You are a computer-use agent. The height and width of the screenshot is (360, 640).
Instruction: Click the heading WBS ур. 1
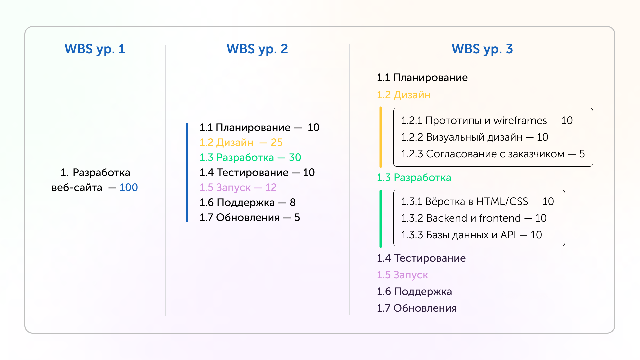click(95, 49)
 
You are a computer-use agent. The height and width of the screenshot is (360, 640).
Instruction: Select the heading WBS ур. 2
click(257, 49)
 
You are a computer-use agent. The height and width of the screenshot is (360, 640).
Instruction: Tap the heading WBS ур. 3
click(482, 49)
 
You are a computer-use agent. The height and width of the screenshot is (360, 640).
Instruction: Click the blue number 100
click(129, 187)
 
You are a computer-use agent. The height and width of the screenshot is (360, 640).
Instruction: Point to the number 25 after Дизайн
click(276, 142)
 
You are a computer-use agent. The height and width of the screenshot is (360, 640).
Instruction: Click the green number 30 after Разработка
click(295, 157)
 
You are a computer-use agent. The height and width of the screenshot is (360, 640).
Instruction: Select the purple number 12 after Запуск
click(271, 187)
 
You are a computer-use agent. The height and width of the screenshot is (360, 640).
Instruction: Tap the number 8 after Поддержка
click(293, 202)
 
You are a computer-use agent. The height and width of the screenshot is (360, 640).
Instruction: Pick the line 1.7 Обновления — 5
click(250, 217)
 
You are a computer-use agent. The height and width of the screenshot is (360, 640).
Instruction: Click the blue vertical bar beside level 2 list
click(187, 172)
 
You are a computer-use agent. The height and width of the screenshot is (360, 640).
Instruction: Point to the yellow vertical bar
click(381, 137)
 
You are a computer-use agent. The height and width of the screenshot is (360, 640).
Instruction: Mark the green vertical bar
click(381, 218)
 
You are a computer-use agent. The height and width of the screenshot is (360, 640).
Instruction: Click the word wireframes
click(520, 120)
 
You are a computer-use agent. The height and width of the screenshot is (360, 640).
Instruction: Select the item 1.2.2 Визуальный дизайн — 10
click(474, 137)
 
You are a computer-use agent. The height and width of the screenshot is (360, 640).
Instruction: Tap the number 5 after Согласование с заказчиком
click(582, 154)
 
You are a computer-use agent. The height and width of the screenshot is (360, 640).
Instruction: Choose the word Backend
click(447, 218)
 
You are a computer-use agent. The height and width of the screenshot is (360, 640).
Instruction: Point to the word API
click(508, 235)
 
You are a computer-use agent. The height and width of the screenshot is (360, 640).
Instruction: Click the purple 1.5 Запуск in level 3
click(402, 275)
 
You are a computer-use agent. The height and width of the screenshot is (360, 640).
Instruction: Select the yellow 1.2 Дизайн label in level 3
click(404, 95)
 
